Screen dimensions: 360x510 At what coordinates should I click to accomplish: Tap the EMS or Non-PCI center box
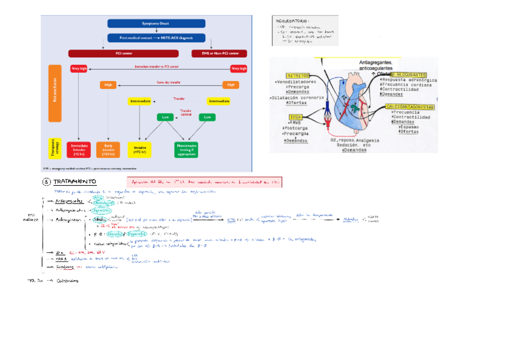(x=220, y=53)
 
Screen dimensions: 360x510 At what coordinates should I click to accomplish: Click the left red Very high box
(x=79, y=69)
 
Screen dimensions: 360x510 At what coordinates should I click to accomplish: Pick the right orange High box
(x=230, y=85)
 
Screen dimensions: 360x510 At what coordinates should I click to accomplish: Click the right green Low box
(x=207, y=117)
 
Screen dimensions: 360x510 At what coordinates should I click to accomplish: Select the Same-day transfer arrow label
(x=170, y=82)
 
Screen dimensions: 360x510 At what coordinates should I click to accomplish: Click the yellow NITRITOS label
(x=298, y=75)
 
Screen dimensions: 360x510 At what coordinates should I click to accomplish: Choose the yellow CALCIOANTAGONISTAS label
(x=410, y=106)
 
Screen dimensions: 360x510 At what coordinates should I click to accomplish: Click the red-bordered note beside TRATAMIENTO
(x=205, y=182)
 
